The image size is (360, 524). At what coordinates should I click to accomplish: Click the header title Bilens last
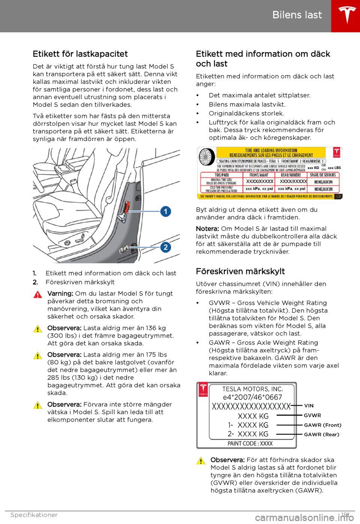click(x=297, y=15)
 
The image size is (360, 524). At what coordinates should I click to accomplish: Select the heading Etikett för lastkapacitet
click(x=80, y=54)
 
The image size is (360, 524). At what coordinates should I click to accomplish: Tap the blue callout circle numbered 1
click(x=166, y=211)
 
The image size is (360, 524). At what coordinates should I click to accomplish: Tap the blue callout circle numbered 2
click(x=166, y=247)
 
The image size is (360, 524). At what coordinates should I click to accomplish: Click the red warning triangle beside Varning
click(x=37, y=295)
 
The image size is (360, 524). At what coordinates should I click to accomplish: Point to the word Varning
click(x=60, y=294)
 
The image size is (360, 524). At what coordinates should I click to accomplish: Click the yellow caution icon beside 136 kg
click(x=37, y=329)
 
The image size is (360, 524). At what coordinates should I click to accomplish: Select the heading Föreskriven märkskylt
click(x=240, y=271)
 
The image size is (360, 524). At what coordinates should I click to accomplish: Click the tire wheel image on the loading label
click(x=206, y=157)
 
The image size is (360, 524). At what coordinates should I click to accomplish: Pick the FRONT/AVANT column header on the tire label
click(x=259, y=175)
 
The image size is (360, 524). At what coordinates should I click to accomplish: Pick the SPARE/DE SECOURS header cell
click(x=322, y=175)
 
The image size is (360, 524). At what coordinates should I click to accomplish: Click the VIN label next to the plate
click(x=309, y=406)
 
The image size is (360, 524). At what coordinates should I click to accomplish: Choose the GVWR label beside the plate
click(x=312, y=416)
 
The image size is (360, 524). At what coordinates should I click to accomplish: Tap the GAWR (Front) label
click(x=322, y=425)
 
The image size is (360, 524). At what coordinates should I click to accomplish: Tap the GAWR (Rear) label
click(x=321, y=435)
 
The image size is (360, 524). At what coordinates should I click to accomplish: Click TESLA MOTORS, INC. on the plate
click(x=252, y=389)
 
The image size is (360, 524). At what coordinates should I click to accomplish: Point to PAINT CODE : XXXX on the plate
click(x=250, y=444)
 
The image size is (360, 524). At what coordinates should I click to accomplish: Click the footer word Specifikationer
click(x=34, y=515)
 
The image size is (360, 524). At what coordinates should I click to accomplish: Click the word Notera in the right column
click(x=207, y=229)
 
